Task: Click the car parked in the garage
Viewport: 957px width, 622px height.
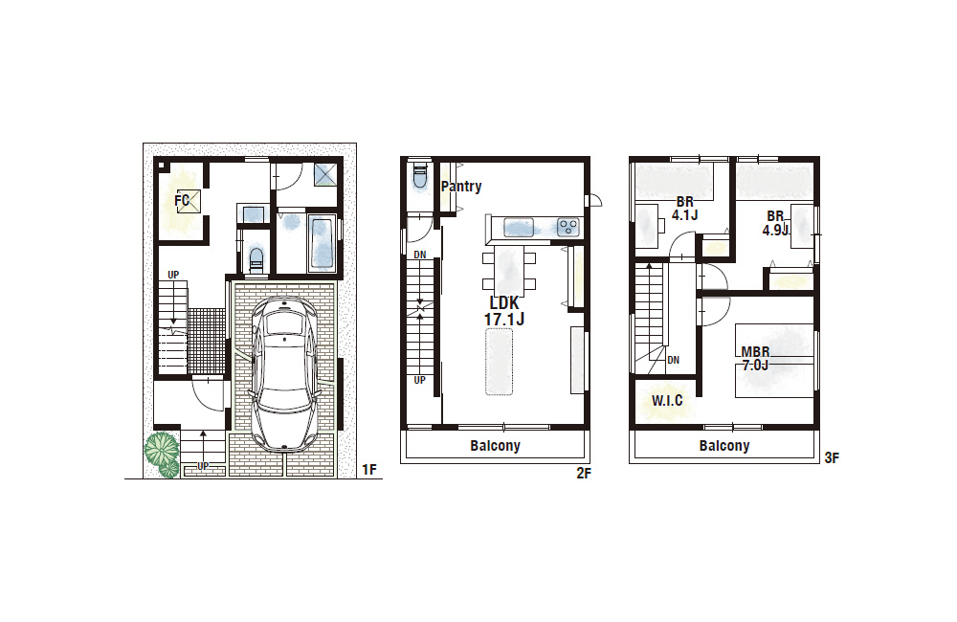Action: click(x=285, y=375)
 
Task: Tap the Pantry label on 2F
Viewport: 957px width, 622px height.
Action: click(x=461, y=187)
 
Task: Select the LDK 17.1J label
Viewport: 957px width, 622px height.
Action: click(x=504, y=311)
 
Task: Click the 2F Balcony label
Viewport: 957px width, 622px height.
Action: click(x=495, y=446)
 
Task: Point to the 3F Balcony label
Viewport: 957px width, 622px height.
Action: click(x=723, y=446)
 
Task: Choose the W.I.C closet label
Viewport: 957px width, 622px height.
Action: click(x=667, y=401)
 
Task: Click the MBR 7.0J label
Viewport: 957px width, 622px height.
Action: click(x=755, y=359)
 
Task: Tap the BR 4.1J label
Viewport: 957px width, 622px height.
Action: click(x=685, y=209)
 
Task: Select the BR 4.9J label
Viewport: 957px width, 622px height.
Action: click(x=775, y=223)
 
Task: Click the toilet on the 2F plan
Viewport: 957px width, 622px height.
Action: click(x=419, y=176)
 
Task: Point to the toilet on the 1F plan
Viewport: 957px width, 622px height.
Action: click(x=256, y=257)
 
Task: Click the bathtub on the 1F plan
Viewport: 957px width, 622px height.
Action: click(x=321, y=242)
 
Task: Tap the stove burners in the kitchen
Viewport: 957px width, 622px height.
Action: click(x=568, y=228)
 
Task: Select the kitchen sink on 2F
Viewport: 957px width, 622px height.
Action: click(x=518, y=228)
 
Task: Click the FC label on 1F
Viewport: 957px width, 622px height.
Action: click(x=181, y=200)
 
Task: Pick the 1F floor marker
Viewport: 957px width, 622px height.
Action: click(x=369, y=470)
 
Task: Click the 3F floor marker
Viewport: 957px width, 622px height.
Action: click(x=832, y=457)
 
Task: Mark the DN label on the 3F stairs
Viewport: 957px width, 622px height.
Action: click(x=673, y=360)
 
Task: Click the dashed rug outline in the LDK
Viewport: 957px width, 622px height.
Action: click(x=500, y=362)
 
